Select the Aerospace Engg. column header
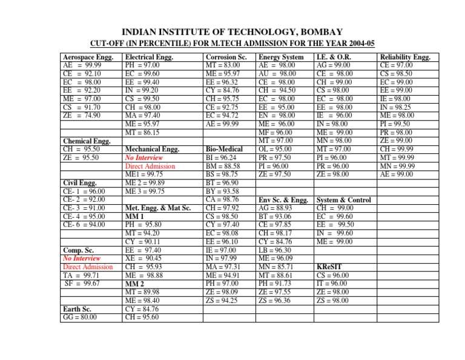click(87, 57)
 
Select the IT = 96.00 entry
click(333, 282)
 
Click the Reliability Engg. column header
click(405, 57)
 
